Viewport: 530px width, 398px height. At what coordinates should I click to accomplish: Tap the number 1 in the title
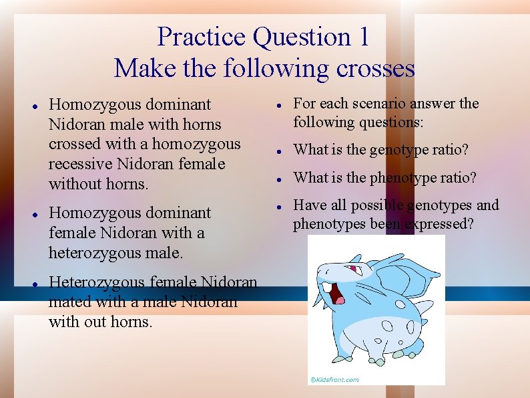[x=362, y=37]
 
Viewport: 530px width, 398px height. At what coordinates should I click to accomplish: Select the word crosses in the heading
[x=376, y=68]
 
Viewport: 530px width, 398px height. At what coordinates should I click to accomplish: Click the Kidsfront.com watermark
[x=334, y=379]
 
